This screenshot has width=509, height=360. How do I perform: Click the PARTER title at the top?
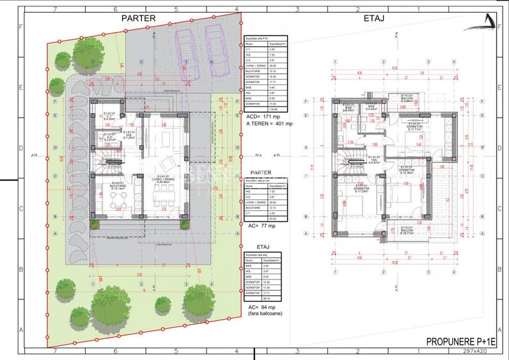coord(138,19)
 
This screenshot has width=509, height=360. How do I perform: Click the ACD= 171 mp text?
coord(263,118)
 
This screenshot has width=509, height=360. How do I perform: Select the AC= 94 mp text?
coord(261,306)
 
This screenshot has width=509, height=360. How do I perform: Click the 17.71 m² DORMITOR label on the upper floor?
coord(408,127)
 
